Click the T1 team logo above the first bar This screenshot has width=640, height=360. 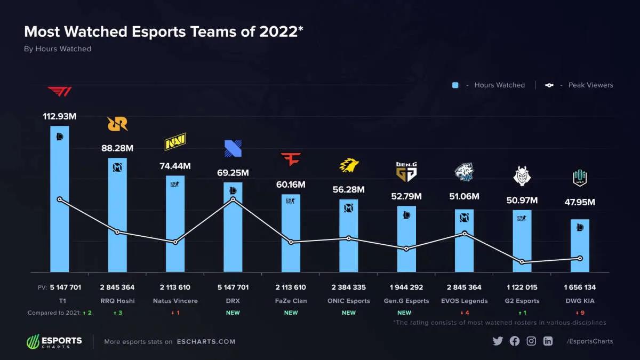[x=59, y=91]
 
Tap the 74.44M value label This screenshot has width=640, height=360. [x=175, y=166]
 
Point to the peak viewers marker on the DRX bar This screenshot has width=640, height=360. [x=233, y=199]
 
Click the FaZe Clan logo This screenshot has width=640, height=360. [x=291, y=158]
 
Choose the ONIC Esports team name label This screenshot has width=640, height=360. [x=349, y=301]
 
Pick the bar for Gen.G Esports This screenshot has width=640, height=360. [x=406, y=240]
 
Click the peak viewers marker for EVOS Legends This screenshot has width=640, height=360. [x=465, y=233]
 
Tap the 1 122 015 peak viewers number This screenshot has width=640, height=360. [x=522, y=287]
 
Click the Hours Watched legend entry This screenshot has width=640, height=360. [x=489, y=85]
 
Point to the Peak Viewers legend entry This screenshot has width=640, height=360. [x=580, y=85]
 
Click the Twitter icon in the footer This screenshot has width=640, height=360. [x=498, y=341]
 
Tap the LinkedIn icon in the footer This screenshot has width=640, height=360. [x=548, y=341]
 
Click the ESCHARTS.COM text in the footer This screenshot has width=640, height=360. [x=206, y=342]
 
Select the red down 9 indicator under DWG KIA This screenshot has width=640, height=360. [x=580, y=313]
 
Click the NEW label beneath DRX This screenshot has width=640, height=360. [x=233, y=313]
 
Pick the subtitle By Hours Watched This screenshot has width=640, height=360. [x=58, y=49]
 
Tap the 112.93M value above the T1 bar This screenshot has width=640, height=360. [x=59, y=116]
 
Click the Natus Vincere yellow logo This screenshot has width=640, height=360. [x=175, y=142]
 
